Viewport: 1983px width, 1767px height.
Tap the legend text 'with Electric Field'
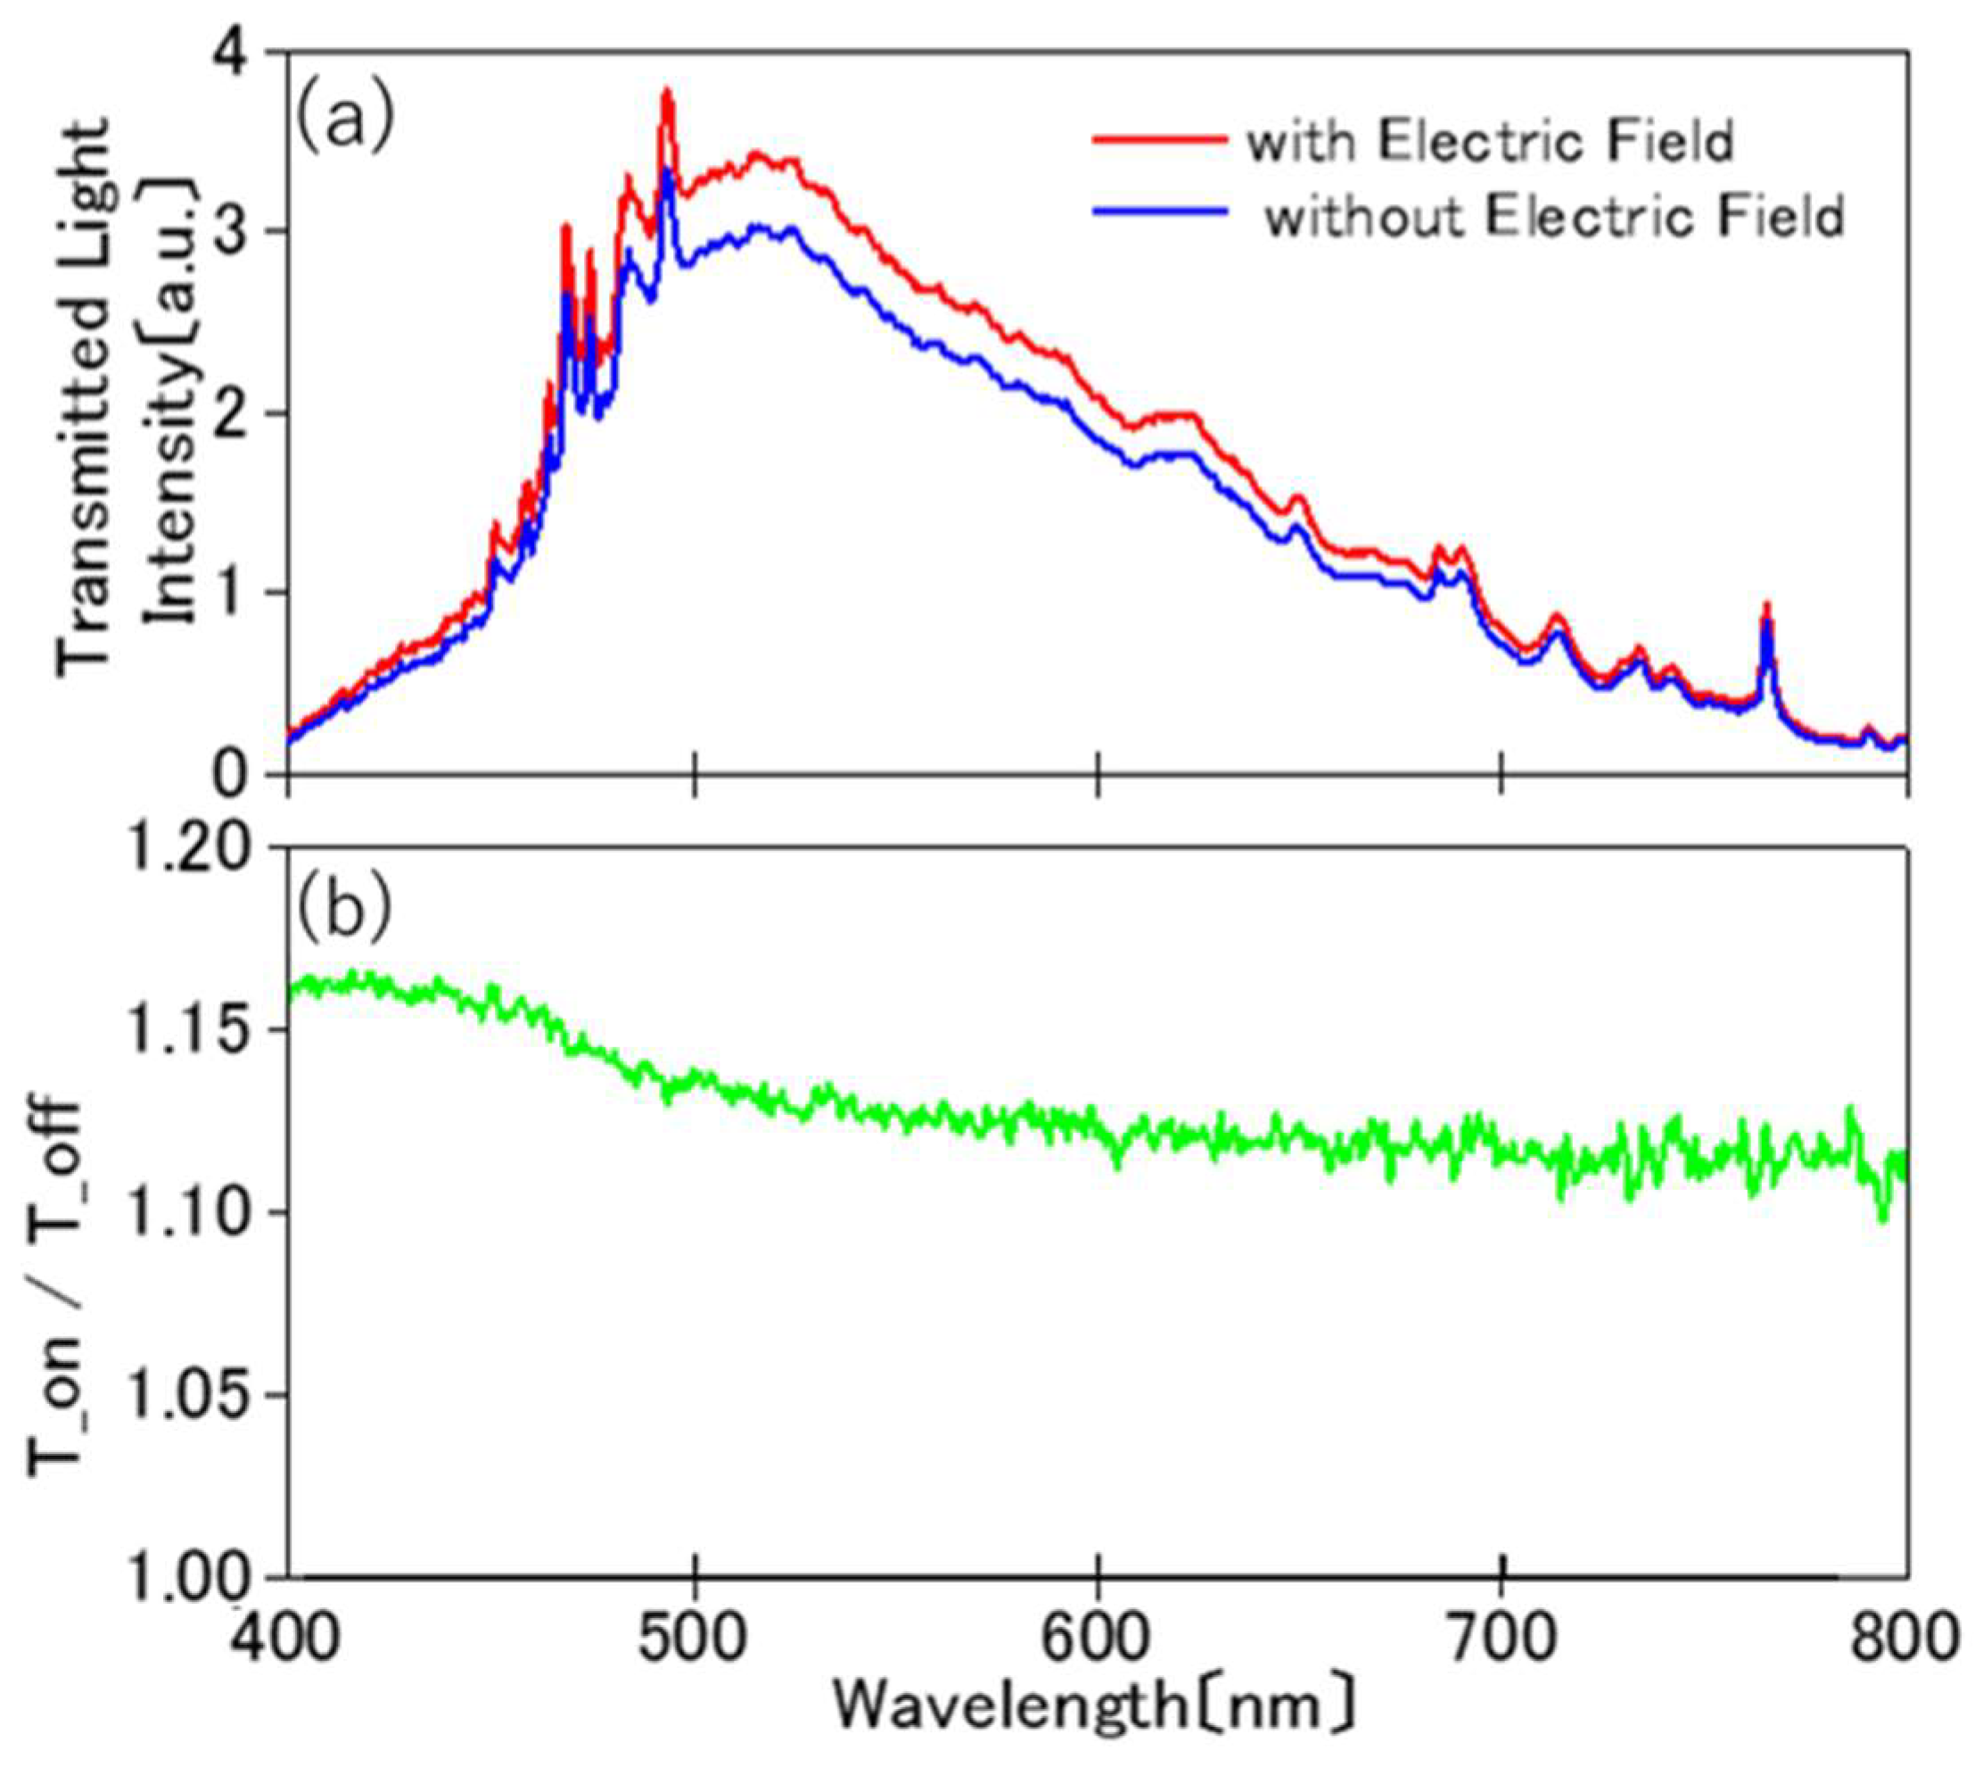click(1490, 142)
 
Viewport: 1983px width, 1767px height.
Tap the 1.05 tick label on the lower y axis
click(198, 1395)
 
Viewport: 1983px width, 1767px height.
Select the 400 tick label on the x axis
click(287, 1638)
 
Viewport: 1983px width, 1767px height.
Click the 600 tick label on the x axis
click(1098, 1638)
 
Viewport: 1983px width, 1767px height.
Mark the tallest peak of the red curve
click(667, 92)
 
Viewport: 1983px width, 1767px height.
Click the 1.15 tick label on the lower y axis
click(198, 1029)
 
